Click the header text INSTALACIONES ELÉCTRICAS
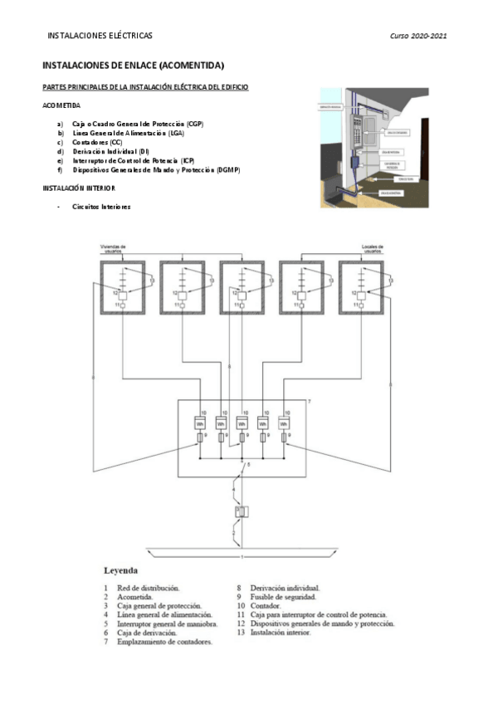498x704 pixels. click(100, 37)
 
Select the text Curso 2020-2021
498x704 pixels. click(419, 37)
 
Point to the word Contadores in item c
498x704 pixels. click(90, 142)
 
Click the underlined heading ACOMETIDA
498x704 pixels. click(61, 105)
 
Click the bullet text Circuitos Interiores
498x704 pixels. click(101, 207)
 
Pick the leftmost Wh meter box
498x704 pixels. click(200, 423)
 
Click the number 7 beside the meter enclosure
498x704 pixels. click(309, 402)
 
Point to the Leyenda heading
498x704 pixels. click(120, 571)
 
